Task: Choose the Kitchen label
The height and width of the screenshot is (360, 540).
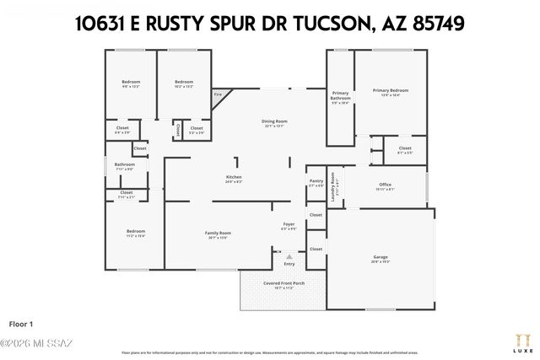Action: pyautogui.click(x=234, y=178)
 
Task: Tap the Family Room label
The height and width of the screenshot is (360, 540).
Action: pyautogui.click(x=218, y=233)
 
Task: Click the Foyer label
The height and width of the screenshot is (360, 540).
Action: pyautogui.click(x=289, y=223)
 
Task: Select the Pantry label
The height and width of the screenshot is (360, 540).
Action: pyautogui.click(x=316, y=180)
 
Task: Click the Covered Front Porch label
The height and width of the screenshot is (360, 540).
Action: pyautogui.click(x=283, y=283)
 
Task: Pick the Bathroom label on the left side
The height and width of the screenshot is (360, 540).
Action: pyautogui.click(x=125, y=164)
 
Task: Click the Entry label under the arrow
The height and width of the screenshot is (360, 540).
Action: pyautogui.click(x=289, y=264)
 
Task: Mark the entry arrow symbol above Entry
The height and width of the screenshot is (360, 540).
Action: pyautogui.click(x=289, y=255)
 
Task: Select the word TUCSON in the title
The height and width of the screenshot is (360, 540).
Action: pyautogui.click(x=323, y=24)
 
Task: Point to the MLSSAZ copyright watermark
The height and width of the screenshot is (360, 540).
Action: pyautogui.click(x=37, y=342)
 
